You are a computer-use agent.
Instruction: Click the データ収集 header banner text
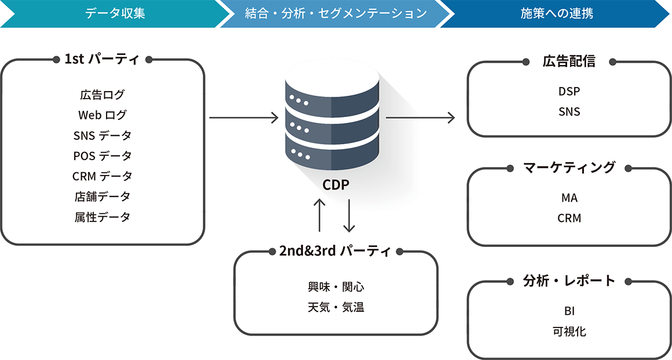click(115, 13)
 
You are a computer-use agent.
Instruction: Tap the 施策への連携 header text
click(557, 13)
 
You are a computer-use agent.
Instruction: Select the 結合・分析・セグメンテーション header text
click(336, 13)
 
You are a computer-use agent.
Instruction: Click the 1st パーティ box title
click(102, 59)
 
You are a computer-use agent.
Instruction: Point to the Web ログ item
click(103, 115)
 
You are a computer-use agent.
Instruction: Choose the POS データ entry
click(103, 156)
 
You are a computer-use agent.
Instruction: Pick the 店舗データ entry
click(103, 197)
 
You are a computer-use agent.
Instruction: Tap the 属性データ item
click(103, 217)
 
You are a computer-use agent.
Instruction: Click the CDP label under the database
click(336, 185)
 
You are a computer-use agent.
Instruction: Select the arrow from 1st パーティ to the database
click(244, 118)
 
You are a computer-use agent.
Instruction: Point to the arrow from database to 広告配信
click(421, 118)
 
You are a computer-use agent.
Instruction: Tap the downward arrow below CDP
click(349, 216)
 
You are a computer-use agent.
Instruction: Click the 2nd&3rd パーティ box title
click(335, 252)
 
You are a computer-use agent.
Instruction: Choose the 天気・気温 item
click(336, 308)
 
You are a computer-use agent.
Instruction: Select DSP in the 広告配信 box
click(569, 92)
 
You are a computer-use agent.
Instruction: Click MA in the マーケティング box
click(569, 198)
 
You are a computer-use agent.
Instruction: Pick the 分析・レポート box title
click(569, 281)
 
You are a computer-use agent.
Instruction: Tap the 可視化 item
click(569, 332)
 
